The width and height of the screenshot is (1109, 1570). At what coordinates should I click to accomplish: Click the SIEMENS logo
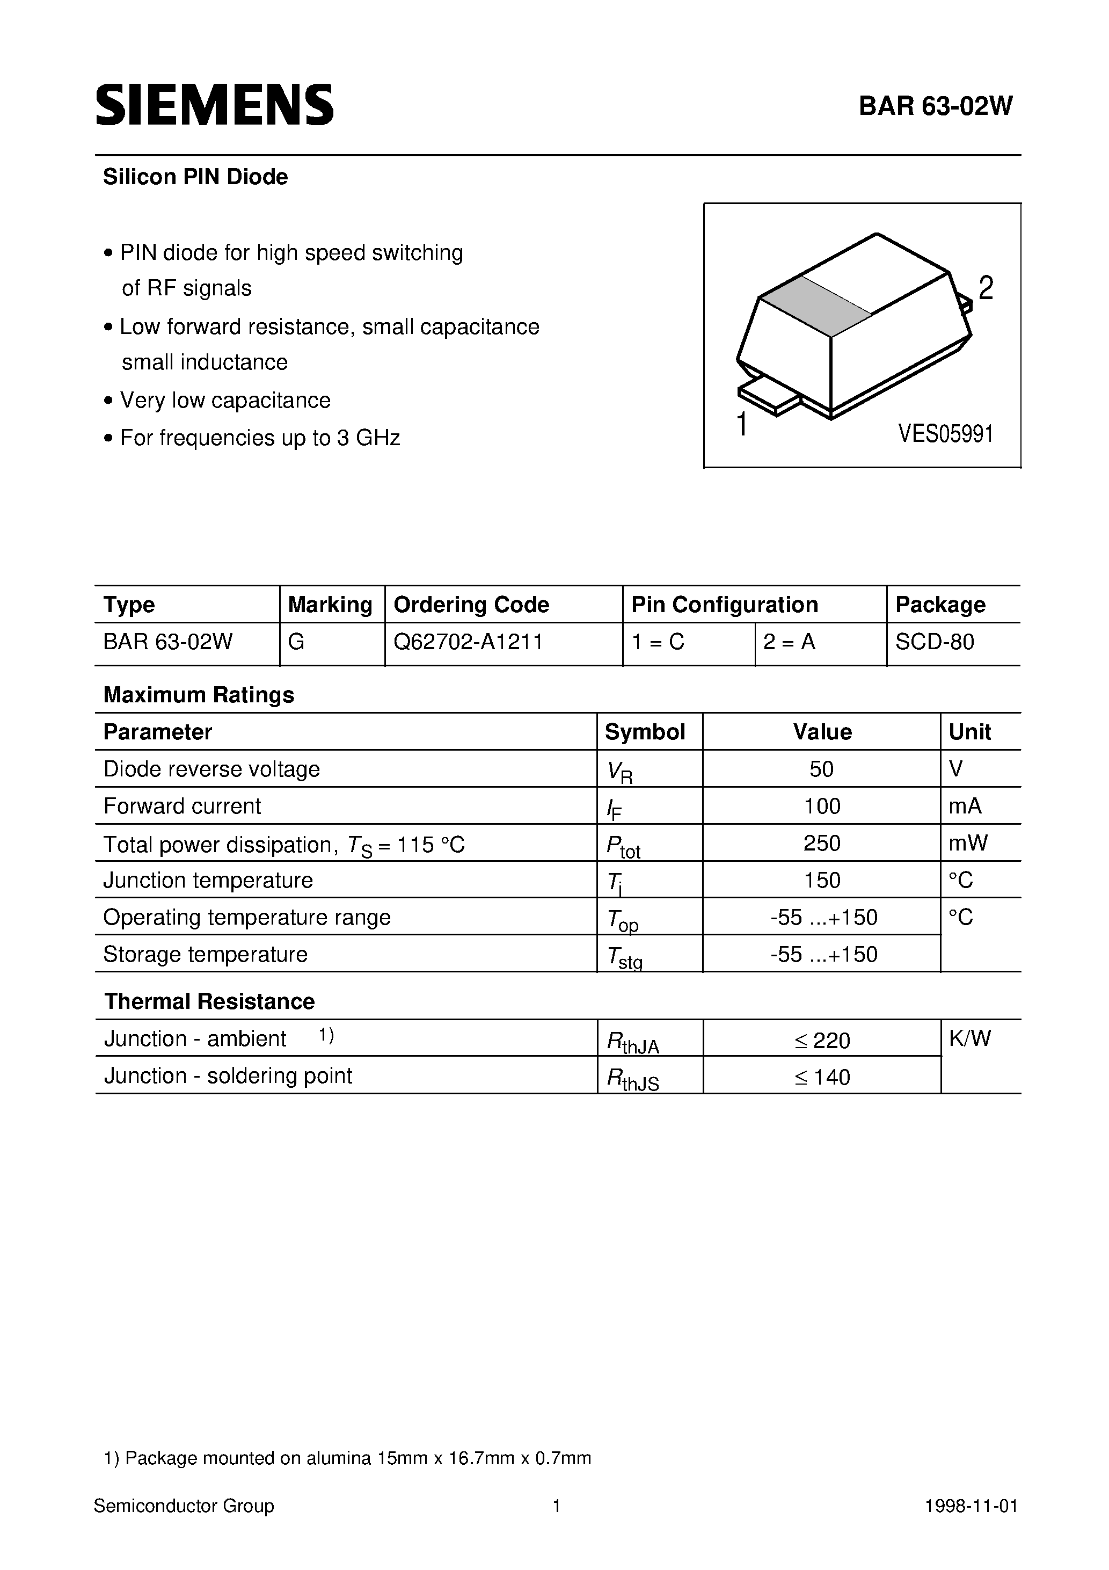pos(214,105)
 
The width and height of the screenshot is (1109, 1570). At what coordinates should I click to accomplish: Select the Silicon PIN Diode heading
pos(195,177)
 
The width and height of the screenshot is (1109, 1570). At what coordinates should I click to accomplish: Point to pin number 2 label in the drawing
pos(985,288)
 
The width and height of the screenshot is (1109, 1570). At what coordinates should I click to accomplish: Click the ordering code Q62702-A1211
pos(469,642)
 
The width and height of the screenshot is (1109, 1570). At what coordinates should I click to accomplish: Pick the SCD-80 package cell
pos(934,642)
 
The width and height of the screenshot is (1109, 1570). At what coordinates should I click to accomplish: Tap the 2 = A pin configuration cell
pos(789,642)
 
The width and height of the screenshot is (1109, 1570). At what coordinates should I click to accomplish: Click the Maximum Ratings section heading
pos(198,695)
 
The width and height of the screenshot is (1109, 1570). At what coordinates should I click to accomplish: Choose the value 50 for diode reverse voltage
pos(821,769)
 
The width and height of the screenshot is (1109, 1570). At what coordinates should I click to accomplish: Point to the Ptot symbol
pos(622,847)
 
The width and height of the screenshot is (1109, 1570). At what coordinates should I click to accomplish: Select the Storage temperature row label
pos(205,954)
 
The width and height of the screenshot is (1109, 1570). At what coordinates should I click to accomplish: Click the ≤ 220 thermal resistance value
pos(822,1041)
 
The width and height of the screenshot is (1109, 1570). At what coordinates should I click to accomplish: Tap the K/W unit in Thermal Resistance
pos(969,1038)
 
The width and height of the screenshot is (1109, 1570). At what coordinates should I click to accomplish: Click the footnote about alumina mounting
pos(347,1458)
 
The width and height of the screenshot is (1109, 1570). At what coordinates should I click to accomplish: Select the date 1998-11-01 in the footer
pos(971,1506)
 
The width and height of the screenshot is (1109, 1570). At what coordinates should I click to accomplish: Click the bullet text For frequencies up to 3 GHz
pos(259,438)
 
